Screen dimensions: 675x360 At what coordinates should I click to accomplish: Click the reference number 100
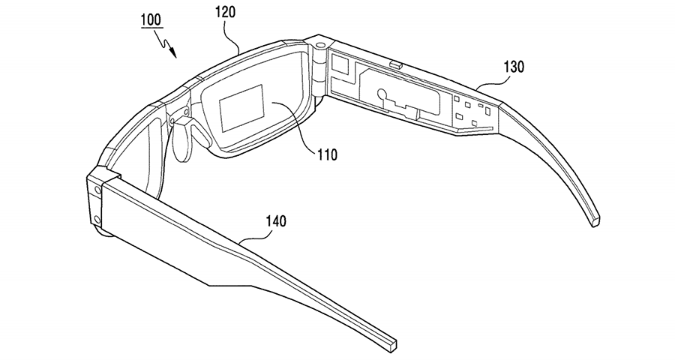coord(150,20)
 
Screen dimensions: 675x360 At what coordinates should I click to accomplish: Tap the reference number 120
coord(226,12)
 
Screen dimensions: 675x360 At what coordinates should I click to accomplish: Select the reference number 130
coord(514,67)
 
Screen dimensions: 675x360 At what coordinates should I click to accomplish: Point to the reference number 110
coord(327,154)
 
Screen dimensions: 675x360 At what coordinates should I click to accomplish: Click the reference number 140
coord(276,221)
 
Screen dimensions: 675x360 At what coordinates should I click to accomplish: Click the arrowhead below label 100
coord(173,52)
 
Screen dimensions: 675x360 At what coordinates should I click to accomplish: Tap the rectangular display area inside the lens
coord(241,108)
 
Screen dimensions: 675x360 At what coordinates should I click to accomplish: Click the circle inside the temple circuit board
coord(382,94)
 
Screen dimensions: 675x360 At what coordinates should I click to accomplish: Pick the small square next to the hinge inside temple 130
coord(341,65)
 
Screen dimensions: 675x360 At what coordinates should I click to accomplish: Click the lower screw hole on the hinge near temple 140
coord(97,219)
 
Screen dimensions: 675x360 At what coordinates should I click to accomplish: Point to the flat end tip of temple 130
coord(595,221)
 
